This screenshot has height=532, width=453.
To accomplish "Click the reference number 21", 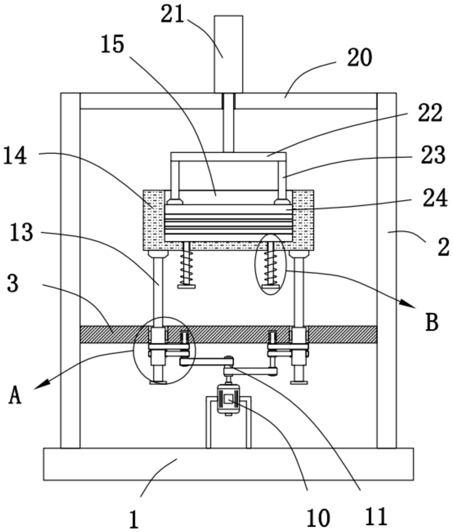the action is [173, 14].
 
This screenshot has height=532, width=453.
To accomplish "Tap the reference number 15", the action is [113, 44].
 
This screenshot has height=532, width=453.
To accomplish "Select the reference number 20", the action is [360, 58].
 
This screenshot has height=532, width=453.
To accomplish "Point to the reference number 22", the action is [430, 113].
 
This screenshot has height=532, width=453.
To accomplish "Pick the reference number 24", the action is [435, 198].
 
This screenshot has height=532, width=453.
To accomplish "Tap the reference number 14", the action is [15, 156].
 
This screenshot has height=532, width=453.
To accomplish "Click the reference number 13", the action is [22, 232].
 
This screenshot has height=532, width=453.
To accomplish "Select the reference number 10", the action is [318, 518].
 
